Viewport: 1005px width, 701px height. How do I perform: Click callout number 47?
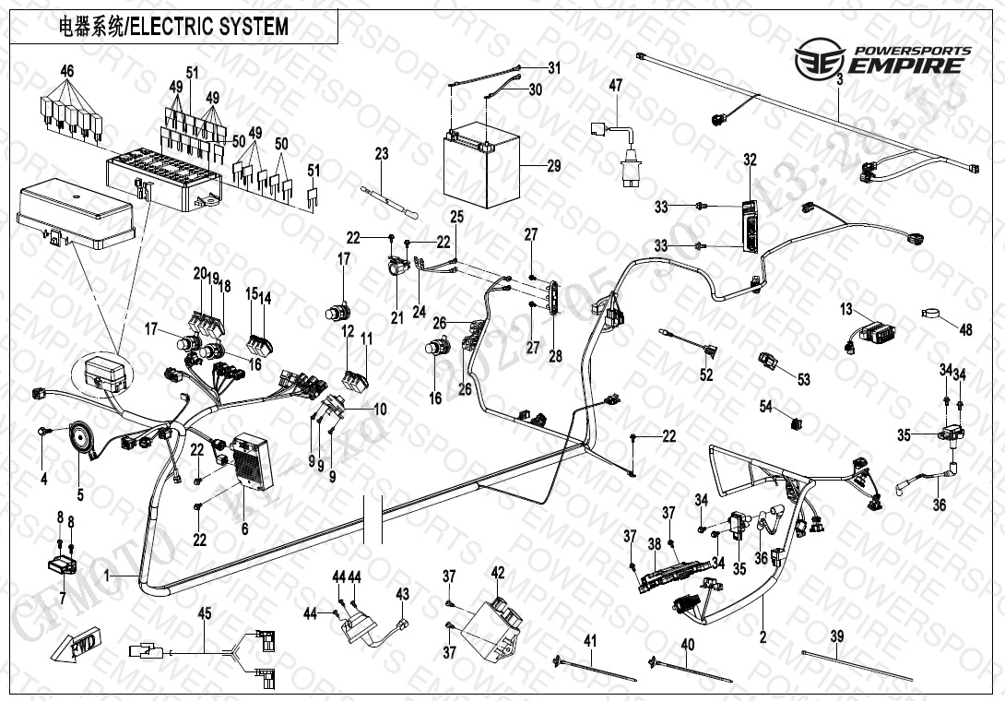pyautogui.click(x=616, y=86)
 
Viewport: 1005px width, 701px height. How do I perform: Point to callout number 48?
pyautogui.click(x=966, y=329)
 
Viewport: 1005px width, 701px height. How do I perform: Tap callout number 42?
pyautogui.click(x=499, y=573)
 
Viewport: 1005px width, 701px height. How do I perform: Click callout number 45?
pyautogui.click(x=205, y=612)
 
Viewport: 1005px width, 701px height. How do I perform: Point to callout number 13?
pyautogui.click(x=846, y=310)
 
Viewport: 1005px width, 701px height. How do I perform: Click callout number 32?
pyautogui.click(x=750, y=160)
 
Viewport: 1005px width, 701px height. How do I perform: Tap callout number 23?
pyautogui.click(x=382, y=153)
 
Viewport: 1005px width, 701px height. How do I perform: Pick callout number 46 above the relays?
pyautogui.click(x=66, y=72)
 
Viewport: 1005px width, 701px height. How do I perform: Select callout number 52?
pyautogui.click(x=706, y=375)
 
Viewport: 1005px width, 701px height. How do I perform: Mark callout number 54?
pyautogui.click(x=765, y=407)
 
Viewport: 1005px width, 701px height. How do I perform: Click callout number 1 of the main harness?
pyautogui.click(x=107, y=575)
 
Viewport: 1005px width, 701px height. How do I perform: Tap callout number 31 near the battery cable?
pyautogui.click(x=554, y=67)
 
